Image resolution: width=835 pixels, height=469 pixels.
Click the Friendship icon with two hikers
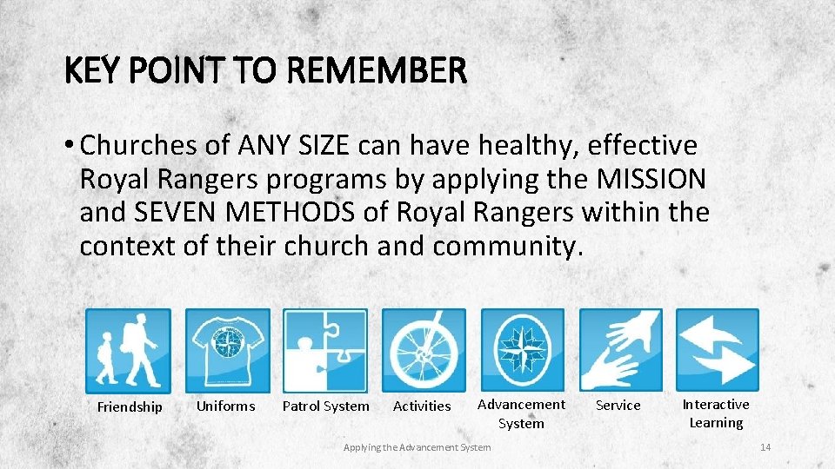pos(128,350)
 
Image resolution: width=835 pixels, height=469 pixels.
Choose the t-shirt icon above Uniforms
pos(227,350)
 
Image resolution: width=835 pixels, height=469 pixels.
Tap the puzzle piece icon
pos(325,350)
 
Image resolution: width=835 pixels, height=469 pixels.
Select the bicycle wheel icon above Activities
pos(424,350)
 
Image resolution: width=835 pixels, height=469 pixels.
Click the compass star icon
pos(523,350)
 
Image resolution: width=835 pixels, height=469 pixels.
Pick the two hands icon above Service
pos(621,350)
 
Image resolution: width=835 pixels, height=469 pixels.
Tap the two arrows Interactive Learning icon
pos(718,350)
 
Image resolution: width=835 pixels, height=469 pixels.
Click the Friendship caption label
pos(130,406)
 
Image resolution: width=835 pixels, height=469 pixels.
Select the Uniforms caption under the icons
pos(226,406)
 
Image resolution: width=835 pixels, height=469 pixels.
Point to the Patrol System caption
pos(325,406)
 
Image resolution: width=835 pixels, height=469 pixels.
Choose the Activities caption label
pos(422,406)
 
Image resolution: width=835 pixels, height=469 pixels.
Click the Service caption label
pos(618,406)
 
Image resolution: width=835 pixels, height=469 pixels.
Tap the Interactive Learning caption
pos(716,413)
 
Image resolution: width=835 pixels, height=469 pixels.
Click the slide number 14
pos(765,447)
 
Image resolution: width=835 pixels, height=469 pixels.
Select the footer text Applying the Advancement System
pos(417,447)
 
